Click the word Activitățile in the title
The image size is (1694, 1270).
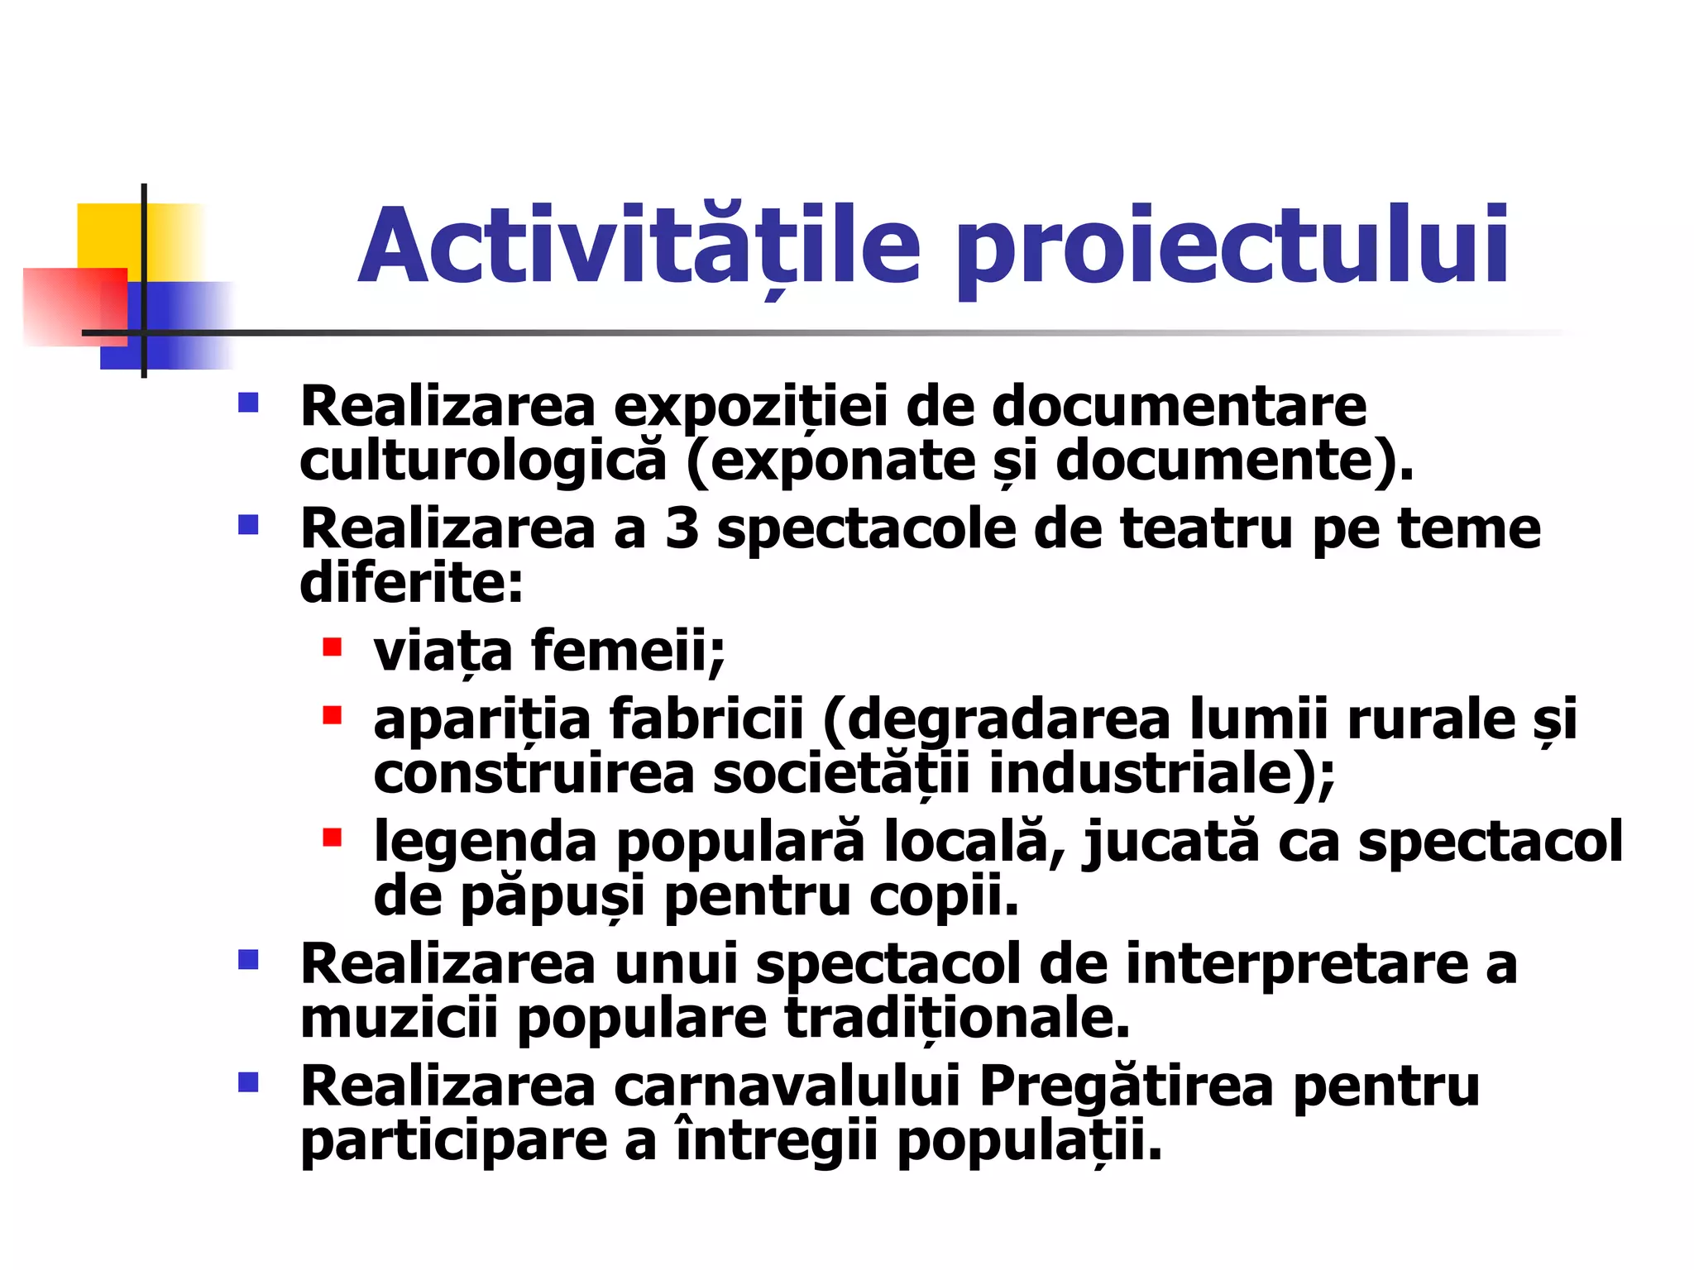(x=639, y=246)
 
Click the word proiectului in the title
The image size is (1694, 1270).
(x=1232, y=246)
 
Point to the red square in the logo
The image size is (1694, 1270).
(x=74, y=306)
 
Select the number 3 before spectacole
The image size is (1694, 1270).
(x=682, y=528)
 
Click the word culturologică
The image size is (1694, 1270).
(x=482, y=461)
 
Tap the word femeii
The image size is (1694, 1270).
(x=628, y=651)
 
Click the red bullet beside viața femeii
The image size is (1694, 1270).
(x=333, y=647)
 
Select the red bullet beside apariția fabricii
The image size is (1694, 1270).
(x=333, y=714)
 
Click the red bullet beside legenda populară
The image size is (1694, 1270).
(x=333, y=838)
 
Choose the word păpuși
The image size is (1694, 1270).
(x=552, y=896)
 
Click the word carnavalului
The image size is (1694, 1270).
(x=787, y=1086)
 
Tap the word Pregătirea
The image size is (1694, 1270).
(x=1126, y=1086)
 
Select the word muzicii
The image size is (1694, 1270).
(x=399, y=1019)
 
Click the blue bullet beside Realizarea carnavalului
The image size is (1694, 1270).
(x=248, y=1082)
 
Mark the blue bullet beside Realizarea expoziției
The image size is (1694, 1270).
(x=248, y=403)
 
